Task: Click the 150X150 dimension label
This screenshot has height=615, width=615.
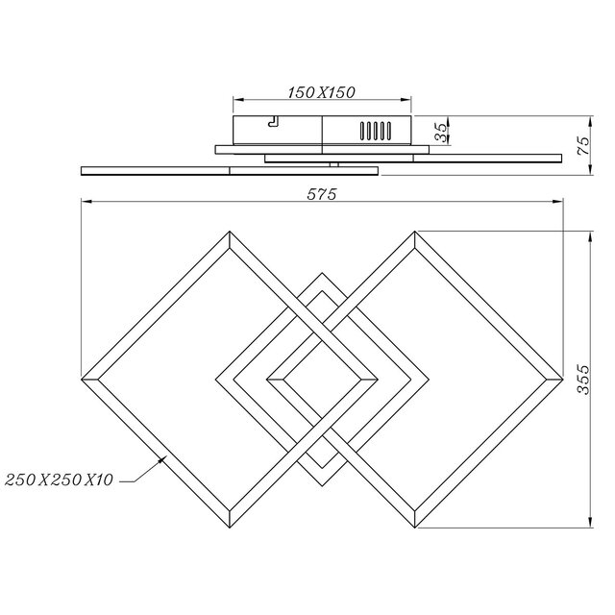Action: click(322, 92)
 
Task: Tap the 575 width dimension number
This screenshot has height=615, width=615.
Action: click(320, 194)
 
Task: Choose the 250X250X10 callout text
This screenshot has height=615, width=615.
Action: click(60, 478)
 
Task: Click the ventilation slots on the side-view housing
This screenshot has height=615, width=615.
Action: click(376, 130)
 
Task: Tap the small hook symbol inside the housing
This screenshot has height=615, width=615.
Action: click(273, 121)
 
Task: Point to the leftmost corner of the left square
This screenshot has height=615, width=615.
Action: click(83, 379)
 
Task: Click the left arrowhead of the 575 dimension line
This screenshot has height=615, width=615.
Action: click(85, 202)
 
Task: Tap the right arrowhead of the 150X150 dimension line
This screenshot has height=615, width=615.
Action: click(410, 99)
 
